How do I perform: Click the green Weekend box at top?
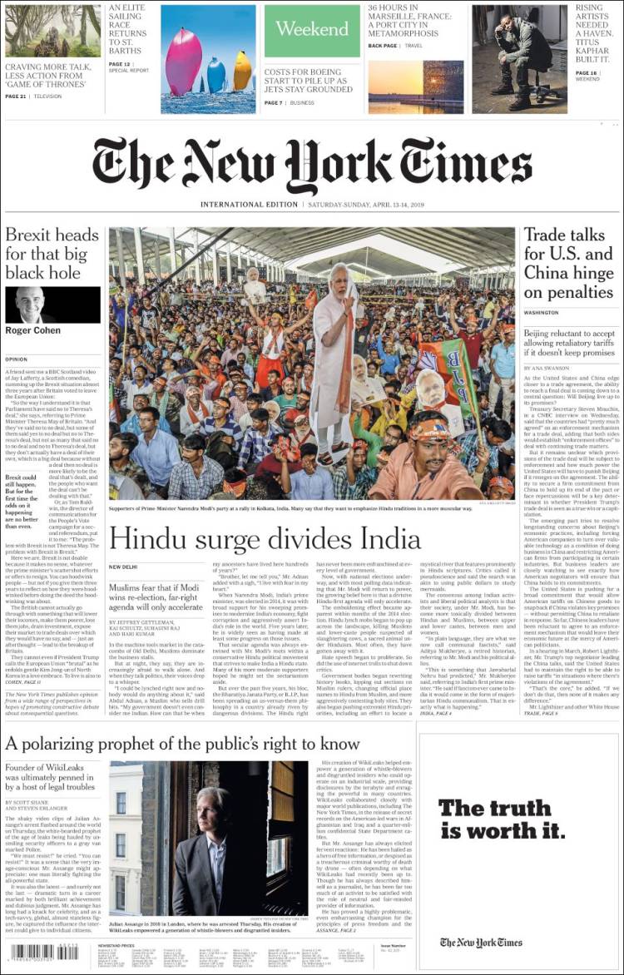pos(312,29)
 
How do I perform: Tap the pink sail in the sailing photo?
pos(184,62)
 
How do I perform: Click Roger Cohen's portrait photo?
pos(32,304)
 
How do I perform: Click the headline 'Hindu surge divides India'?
pos(265,539)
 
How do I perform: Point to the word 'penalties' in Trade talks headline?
pos(568,292)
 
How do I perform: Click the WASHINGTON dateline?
pos(541,313)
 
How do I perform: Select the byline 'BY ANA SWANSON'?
pos(544,368)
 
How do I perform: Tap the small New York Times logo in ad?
pos(481,942)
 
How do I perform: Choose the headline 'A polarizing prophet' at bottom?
pos(182,744)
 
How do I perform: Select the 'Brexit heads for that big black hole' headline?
pos(52,253)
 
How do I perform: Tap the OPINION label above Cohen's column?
pos(17,359)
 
